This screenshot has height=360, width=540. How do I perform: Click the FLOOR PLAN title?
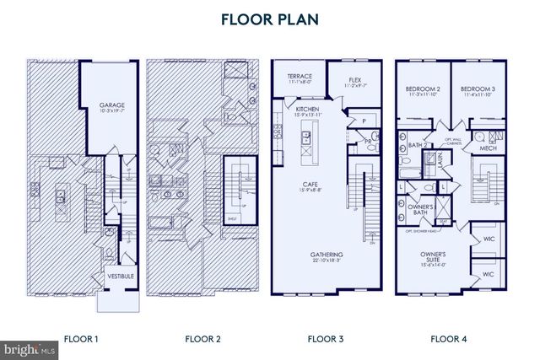269,19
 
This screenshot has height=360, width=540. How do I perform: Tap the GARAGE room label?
111,106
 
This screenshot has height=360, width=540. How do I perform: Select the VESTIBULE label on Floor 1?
117,277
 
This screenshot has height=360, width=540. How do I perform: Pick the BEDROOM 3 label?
476,89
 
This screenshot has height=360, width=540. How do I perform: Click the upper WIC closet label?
489,240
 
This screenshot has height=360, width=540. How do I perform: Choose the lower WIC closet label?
489,275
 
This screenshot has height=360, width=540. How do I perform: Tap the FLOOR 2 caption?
202,339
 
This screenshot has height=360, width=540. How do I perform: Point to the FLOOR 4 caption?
448,339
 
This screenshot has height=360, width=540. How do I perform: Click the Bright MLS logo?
30,347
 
